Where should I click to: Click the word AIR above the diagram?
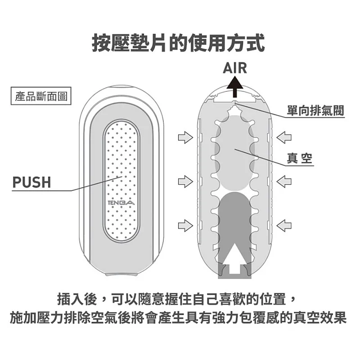[235, 68]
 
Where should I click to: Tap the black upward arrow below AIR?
[234, 87]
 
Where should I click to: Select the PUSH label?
[31, 182]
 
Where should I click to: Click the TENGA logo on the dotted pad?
[121, 203]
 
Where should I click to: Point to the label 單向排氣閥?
[315, 110]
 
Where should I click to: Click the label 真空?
[299, 158]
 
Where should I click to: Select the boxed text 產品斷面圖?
[41, 96]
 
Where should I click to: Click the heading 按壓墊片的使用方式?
[178, 43]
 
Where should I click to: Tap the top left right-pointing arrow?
[185, 138]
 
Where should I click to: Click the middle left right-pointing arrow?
[185, 181]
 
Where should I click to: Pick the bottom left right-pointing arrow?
[185, 225]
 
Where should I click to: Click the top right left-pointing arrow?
[284, 138]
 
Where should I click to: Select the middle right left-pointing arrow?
[284, 181]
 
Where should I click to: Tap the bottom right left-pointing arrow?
[284, 225]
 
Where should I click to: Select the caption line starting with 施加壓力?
[178, 318]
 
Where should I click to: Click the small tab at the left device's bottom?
[121, 274]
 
